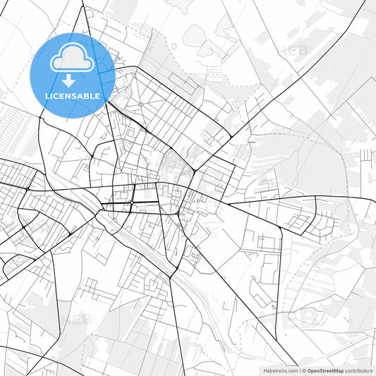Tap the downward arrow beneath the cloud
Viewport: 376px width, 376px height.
click(73, 80)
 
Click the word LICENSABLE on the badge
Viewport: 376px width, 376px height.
click(73, 96)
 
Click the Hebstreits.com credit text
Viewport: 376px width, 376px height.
click(280, 370)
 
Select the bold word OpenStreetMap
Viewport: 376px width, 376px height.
click(325, 370)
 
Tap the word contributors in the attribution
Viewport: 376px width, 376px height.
click(358, 370)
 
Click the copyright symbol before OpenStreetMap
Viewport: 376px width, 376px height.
click(304, 370)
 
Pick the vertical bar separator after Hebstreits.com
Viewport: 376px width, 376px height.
click(298, 370)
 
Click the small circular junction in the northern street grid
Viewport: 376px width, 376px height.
click(140, 104)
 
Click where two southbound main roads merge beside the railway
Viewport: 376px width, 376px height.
click(170, 277)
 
